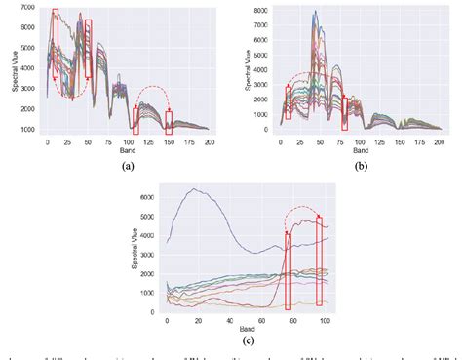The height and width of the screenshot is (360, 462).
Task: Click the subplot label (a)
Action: coord(126,167)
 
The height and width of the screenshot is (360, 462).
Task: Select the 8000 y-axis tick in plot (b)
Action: coord(256,10)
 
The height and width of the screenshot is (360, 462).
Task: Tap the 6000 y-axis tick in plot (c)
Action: coord(147,196)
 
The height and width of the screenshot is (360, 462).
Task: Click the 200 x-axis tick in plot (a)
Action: coord(209,142)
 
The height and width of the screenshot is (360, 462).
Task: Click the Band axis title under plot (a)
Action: coord(127,152)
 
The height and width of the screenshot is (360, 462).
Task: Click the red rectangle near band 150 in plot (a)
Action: coord(169,123)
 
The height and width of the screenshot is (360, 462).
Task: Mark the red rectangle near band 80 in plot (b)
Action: coord(345,111)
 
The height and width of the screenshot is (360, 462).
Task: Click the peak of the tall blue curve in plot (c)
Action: coord(197,189)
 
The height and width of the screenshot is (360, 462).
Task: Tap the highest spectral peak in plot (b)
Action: coord(315,12)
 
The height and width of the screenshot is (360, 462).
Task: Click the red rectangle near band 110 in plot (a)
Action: coord(136,120)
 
